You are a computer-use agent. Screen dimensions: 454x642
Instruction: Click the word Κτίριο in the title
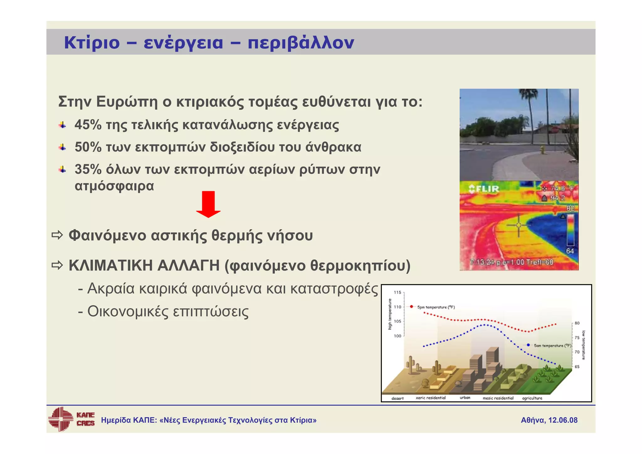(92, 43)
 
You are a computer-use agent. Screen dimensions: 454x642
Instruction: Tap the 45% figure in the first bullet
(88, 125)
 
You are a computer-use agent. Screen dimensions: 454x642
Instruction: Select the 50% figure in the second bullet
(88, 147)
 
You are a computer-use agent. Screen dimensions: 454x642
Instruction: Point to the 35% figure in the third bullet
(88, 169)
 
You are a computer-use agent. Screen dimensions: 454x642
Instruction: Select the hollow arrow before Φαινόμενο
(57, 235)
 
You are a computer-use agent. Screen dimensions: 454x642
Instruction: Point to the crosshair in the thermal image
(518, 225)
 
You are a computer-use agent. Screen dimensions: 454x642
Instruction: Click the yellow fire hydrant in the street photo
(542, 149)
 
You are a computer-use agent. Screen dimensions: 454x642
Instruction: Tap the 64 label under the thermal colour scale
(570, 251)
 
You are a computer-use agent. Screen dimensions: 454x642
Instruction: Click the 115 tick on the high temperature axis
(397, 292)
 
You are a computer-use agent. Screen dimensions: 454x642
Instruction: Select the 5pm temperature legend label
(435, 307)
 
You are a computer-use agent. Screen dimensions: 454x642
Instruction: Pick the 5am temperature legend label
(552, 346)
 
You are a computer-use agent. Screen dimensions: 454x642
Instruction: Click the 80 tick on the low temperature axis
(577, 323)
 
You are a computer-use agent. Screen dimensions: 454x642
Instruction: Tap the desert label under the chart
(397, 398)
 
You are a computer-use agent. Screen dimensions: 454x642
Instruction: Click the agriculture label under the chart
(532, 398)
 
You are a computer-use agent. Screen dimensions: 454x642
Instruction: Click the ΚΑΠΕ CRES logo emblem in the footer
(61, 419)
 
